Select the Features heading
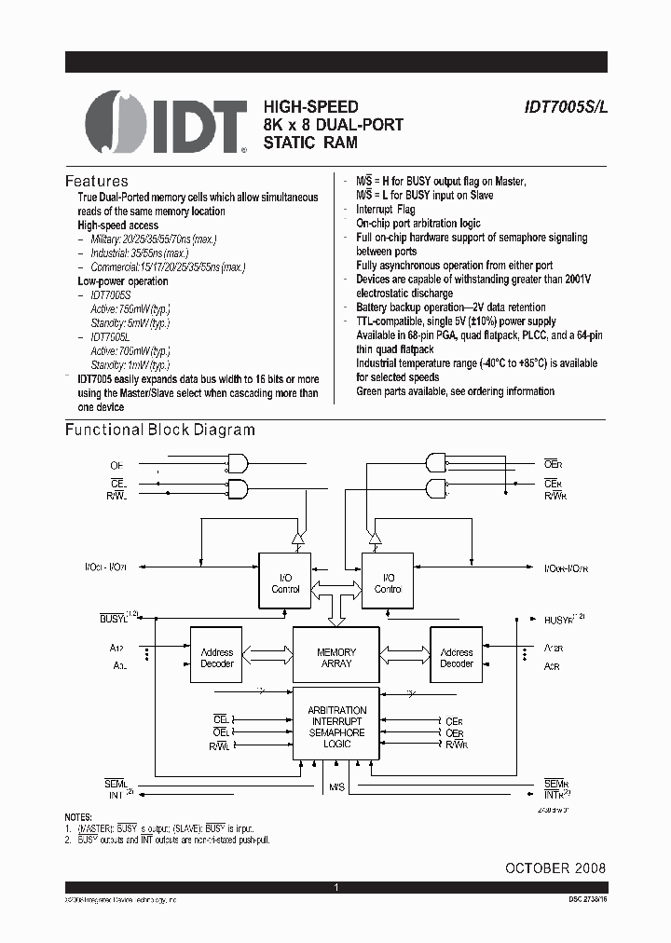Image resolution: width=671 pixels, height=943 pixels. coord(96,181)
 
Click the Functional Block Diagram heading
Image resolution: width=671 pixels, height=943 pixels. coord(159,430)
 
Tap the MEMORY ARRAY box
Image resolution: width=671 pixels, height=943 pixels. coord(336,658)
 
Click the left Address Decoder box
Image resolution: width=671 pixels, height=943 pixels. coord(216,658)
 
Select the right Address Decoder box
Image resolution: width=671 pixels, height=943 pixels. coord(457,658)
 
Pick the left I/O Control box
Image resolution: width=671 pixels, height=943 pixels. coord(284,583)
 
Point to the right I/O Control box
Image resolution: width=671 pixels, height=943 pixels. coord(388,583)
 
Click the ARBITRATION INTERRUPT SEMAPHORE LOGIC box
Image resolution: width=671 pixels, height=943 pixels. coord(336,728)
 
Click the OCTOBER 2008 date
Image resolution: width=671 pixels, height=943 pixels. coord(555,868)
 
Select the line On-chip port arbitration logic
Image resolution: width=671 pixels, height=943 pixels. coord(418,224)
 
